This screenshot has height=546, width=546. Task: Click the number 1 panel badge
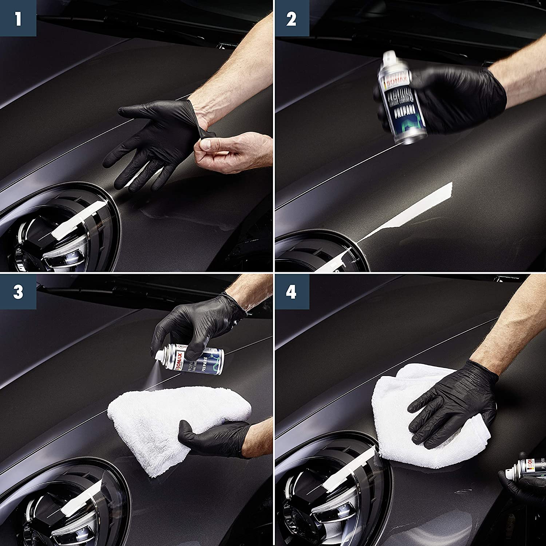pos(18,18)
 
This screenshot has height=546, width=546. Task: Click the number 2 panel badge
pos(291,18)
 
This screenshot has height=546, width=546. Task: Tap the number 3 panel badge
pos(18,291)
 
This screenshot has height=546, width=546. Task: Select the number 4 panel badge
pos(291,291)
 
